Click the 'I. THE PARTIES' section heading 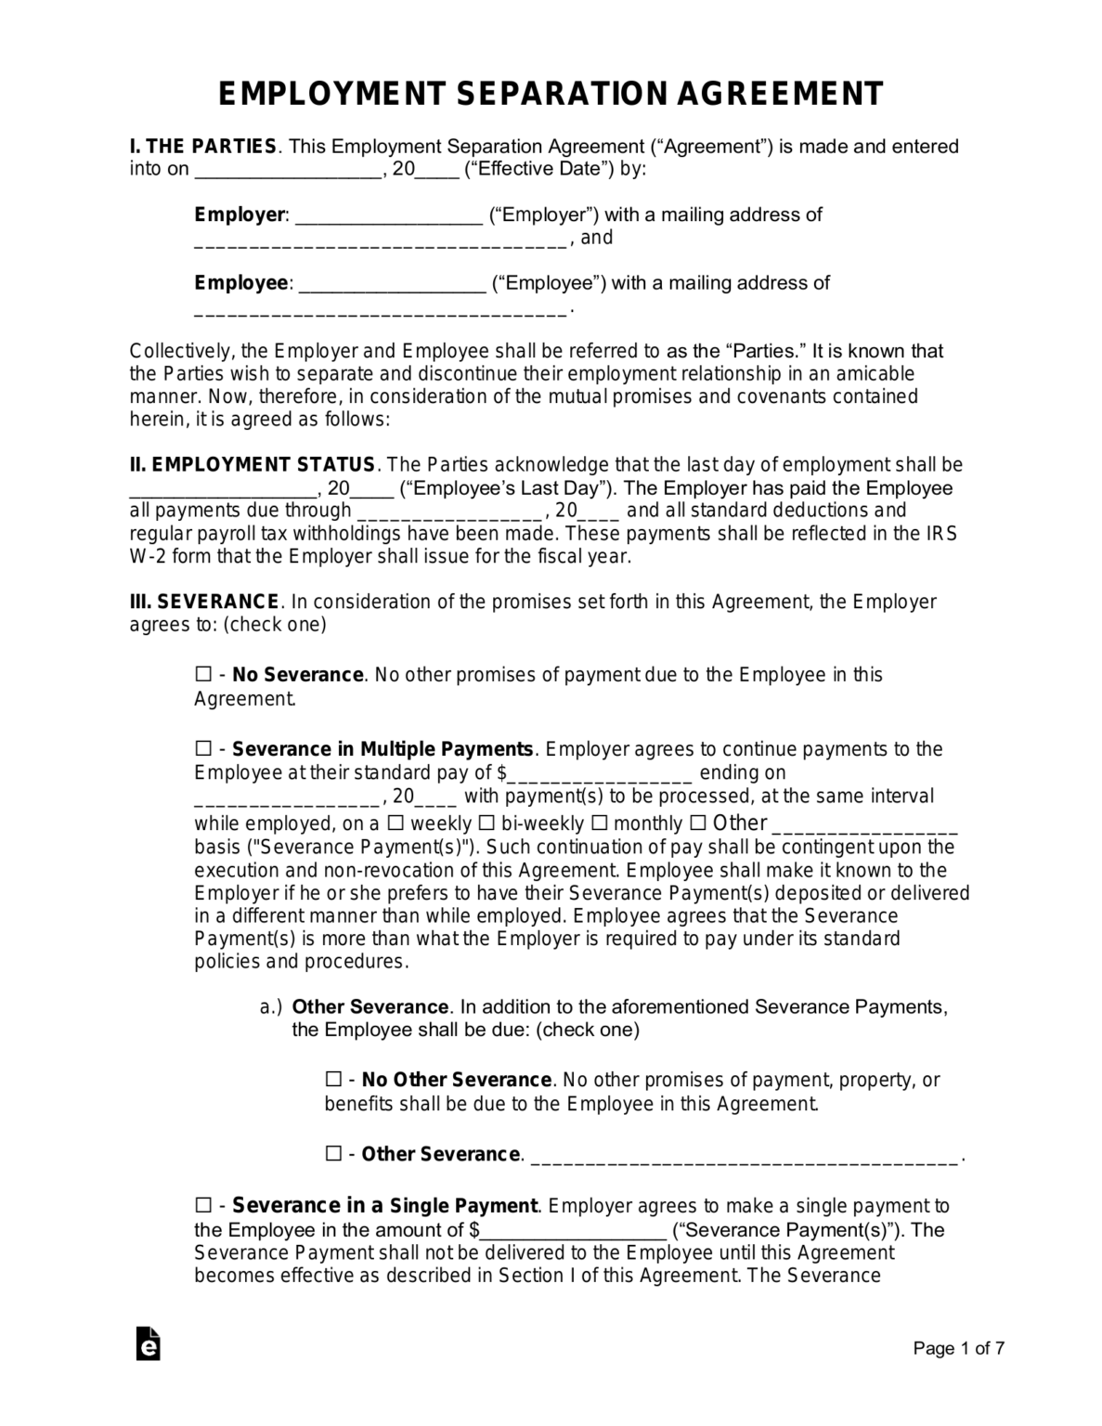(x=203, y=147)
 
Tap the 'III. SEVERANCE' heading (x=203, y=602)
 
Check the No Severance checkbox (x=203, y=675)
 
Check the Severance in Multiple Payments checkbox (x=203, y=748)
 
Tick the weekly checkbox (x=395, y=823)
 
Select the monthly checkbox (x=599, y=823)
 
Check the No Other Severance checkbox (x=333, y=1080)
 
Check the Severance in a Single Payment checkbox (x=203, y=1206)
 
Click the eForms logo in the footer (x=148, y=1344)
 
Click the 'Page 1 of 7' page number (x=958, y=1349)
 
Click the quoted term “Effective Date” (x=539, y=170)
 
